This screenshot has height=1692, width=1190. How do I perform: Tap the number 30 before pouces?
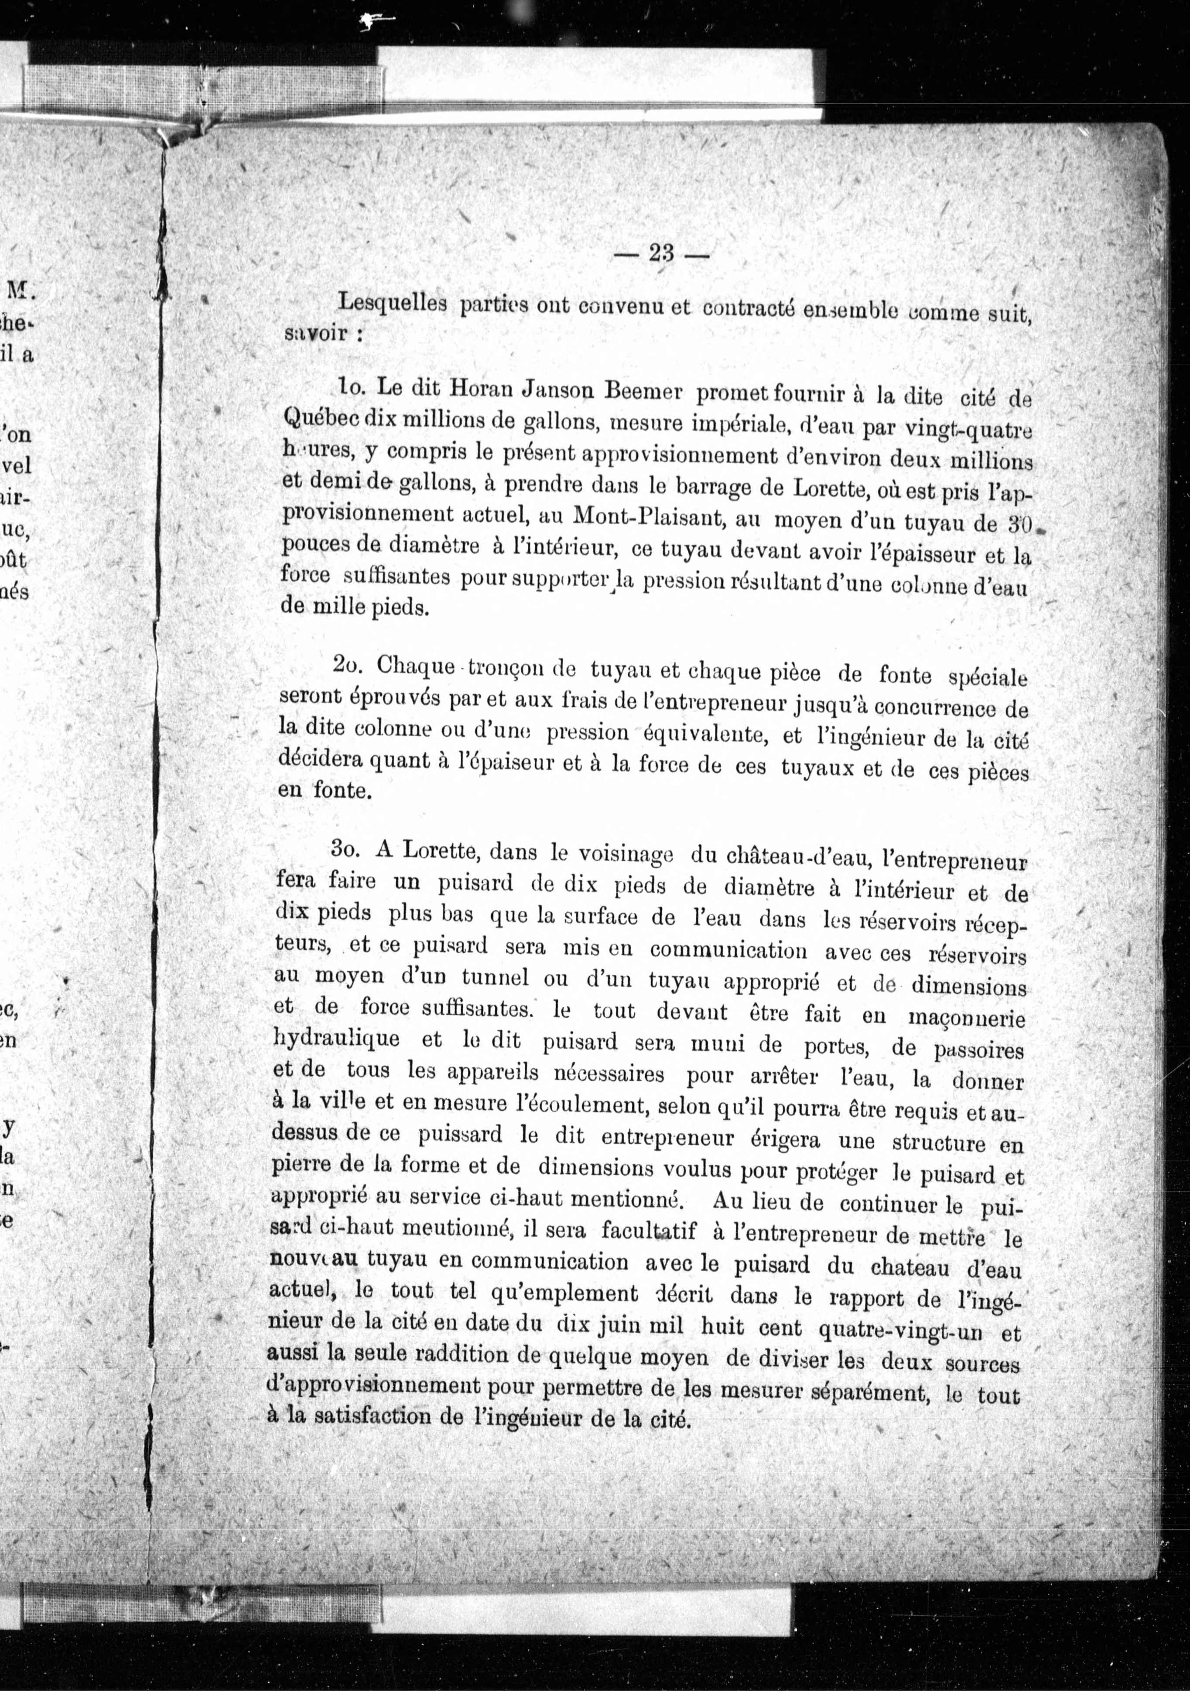1021,526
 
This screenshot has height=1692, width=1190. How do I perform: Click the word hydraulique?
337,1039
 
